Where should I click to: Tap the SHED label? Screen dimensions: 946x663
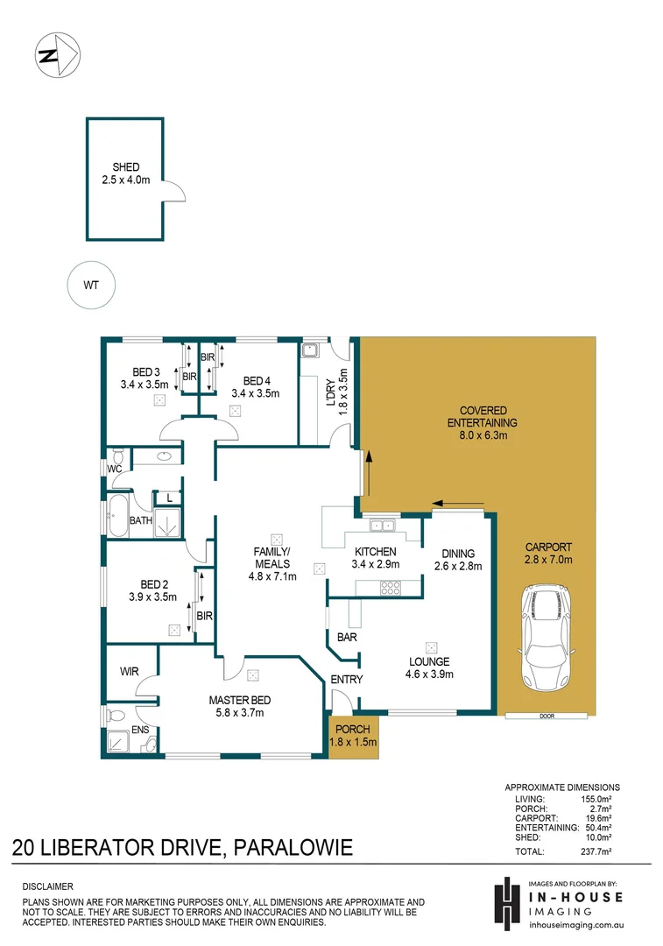125,167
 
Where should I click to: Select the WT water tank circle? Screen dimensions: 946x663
91,285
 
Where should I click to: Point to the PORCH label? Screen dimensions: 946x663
353,729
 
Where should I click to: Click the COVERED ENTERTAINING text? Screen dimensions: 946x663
476,417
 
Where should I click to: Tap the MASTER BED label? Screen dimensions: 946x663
239,700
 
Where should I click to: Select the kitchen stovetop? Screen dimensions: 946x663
391,589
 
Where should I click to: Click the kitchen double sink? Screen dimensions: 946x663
382,526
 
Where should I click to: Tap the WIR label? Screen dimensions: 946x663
130,672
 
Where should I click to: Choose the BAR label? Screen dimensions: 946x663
348,638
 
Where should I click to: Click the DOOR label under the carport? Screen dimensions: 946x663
547,717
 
